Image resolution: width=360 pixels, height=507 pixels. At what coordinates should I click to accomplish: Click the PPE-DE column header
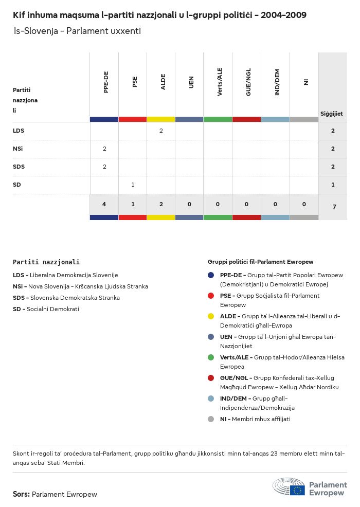(106, 82)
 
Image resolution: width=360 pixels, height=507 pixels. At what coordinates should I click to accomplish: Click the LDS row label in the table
(19, 131)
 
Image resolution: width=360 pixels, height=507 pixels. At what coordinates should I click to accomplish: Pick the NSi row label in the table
(18, 149)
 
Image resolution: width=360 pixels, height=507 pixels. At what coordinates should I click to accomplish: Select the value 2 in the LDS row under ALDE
(161, 131)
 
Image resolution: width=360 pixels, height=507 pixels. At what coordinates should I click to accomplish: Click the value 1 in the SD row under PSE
(133, 185)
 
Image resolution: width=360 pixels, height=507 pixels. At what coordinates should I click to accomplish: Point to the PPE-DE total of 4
(104, 204)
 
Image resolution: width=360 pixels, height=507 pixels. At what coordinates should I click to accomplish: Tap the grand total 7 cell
(334, 206)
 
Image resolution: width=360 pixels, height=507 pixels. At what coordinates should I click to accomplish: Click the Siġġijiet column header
(332, 114)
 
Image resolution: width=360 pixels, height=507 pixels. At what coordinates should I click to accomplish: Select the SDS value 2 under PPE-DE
(104, 167)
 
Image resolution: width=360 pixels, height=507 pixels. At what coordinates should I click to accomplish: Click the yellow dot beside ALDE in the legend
(211, 316)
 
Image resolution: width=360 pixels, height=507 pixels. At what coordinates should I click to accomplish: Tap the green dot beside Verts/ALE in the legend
(211, 357)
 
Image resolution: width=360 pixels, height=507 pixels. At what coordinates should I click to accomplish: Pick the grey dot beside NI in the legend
(211, 419)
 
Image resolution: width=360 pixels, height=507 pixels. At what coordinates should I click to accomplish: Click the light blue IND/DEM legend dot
(211, 399)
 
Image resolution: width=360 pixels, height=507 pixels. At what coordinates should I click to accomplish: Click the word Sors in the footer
(21, 494)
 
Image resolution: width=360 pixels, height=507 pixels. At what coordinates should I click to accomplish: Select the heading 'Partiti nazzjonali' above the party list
(46, 262)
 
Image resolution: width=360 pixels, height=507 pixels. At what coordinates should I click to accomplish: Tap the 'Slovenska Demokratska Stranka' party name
(75, 298)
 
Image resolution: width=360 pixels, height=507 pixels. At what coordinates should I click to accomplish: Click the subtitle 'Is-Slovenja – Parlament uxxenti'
(77, 31)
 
